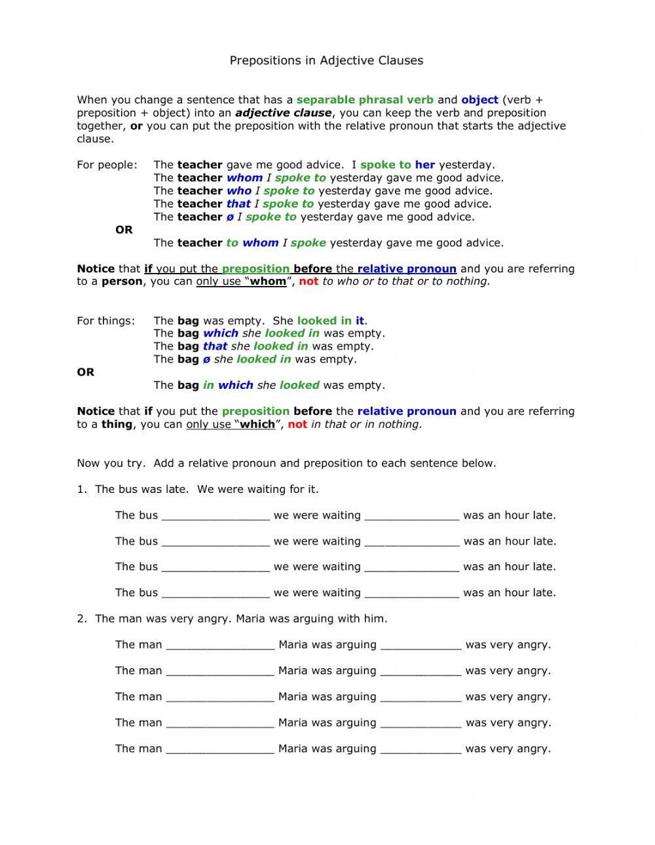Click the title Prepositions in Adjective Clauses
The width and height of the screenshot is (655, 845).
click(326, 60)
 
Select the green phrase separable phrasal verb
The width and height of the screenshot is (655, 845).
click(365, 100)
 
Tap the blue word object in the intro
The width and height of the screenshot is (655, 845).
click(479, 100)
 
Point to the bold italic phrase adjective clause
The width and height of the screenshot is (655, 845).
click(283, 113)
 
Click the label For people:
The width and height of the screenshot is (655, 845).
click(107, 165)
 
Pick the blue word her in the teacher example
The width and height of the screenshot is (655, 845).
click(424, 165)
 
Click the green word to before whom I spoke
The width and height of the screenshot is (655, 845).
click(233, 243)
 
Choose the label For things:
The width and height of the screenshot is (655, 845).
click(105, 321)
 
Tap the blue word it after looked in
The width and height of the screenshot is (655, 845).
click(360, 321)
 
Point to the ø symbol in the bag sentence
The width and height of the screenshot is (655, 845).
click(206, 359)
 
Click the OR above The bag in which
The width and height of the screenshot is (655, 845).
click(86, 372)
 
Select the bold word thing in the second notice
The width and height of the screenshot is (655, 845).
click(117, 424)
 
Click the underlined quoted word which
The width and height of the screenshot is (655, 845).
click(257, 424)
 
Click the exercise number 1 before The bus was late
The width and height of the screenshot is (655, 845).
click(81, 490)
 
